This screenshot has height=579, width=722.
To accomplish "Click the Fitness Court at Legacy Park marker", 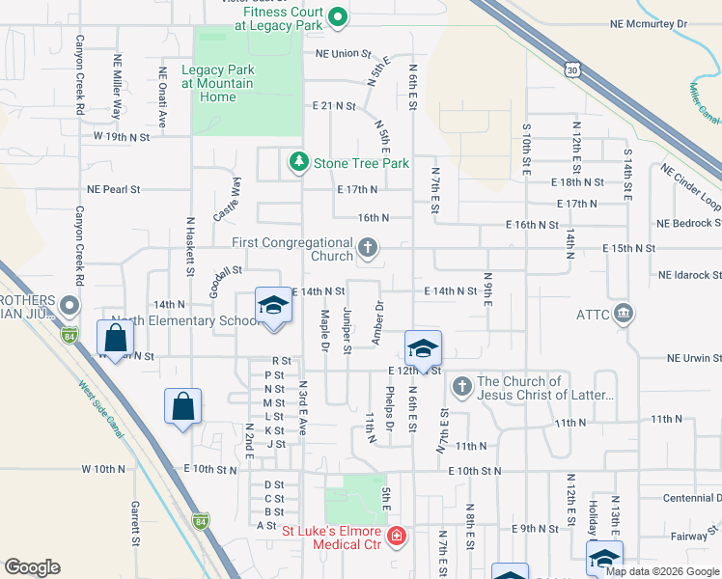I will coord(338,16).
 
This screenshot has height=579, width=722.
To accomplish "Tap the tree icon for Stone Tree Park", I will coord(299,162).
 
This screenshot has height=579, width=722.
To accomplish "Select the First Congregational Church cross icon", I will coord(367,250).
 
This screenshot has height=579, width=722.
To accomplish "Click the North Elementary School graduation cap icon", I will coord(273,307).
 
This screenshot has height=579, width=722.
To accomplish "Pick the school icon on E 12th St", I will coord(423,349).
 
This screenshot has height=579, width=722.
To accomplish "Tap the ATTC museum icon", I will coord(624,313).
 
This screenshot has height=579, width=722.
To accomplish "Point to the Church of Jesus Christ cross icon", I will coord(461,387).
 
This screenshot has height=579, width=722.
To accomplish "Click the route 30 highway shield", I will coord(572,70).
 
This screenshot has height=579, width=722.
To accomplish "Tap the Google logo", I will coord(33,567).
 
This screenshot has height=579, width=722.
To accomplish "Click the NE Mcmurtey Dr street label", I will coord(648,23).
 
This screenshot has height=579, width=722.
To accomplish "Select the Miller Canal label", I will coord(704,102).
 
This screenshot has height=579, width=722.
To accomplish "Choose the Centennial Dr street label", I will coord(691,498).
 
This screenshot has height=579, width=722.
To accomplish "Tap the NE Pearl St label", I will coord(113,190).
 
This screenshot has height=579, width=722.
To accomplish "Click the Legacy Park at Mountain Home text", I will coord(217,84).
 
